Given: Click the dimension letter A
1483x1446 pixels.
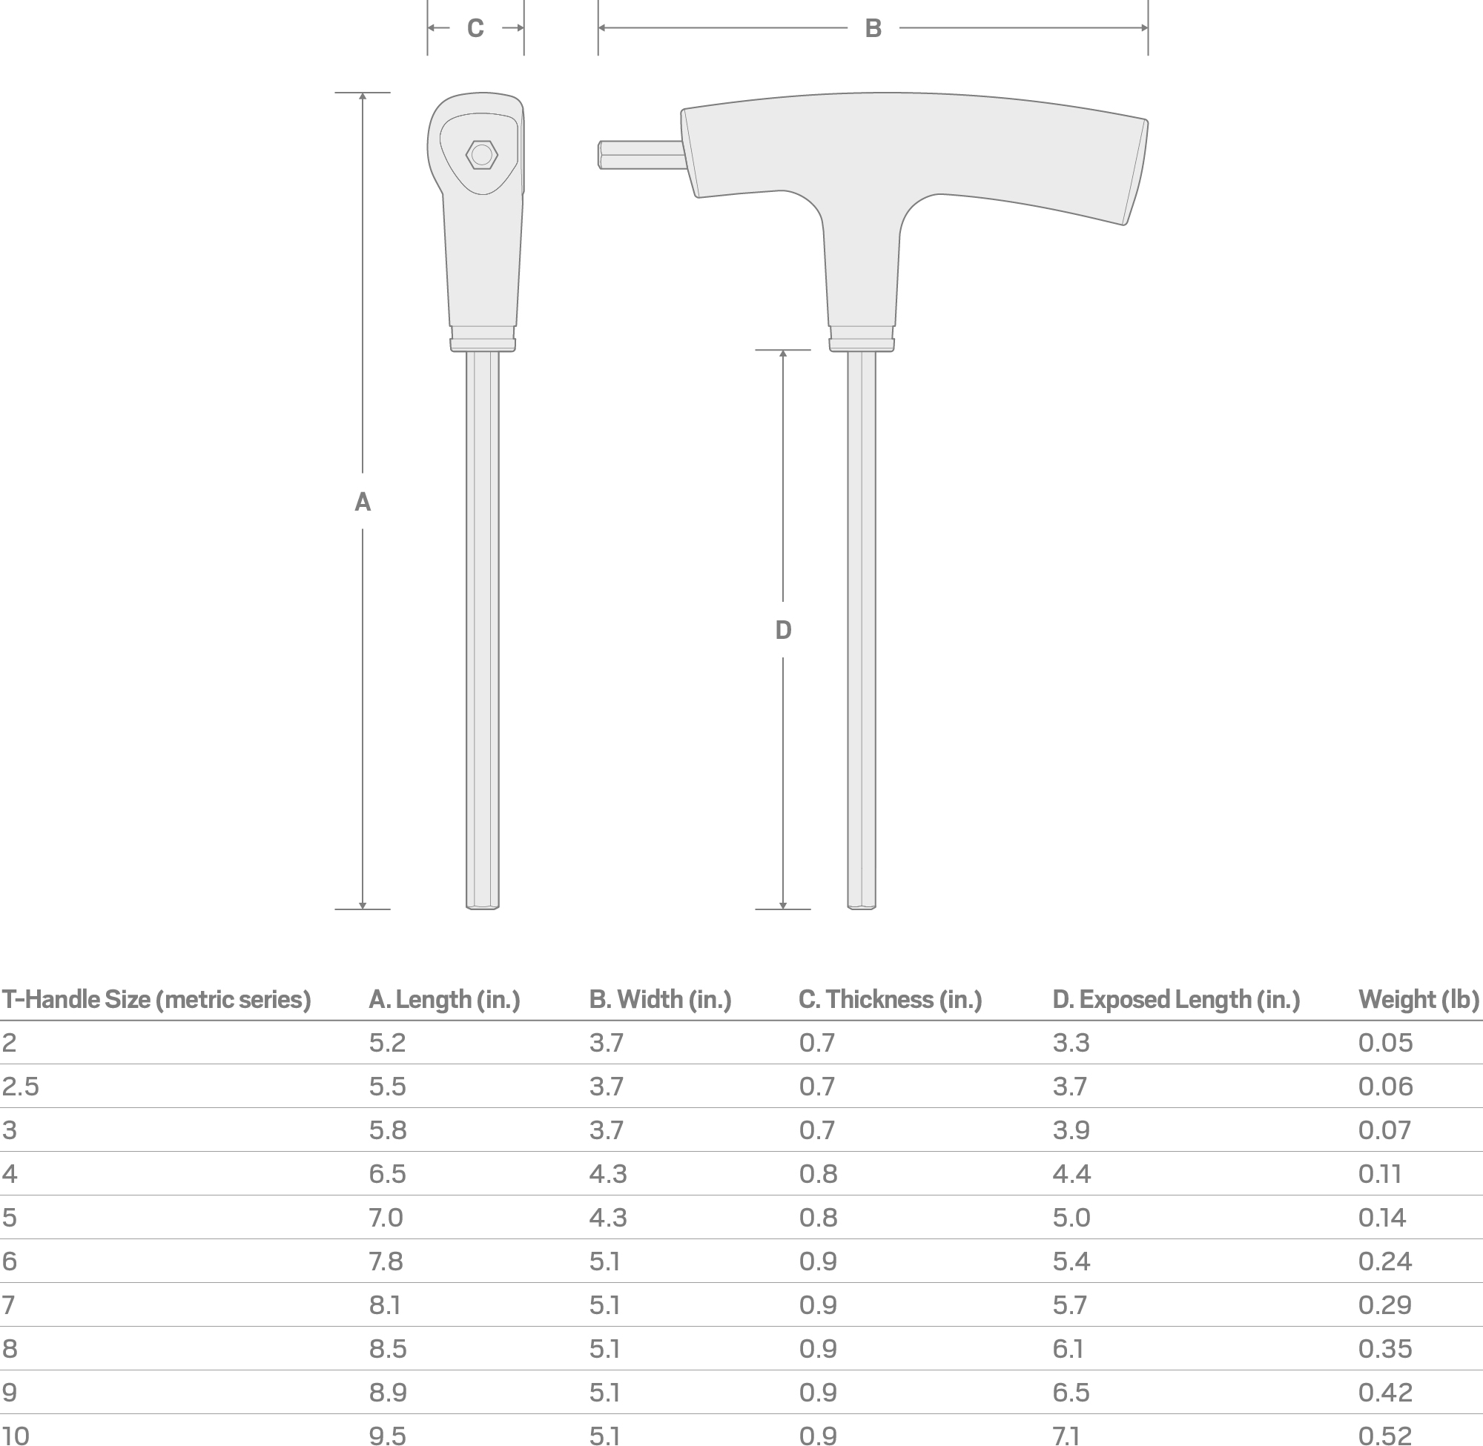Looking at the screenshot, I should (x=363, y=502).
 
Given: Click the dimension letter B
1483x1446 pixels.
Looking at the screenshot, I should (x=873, y=29).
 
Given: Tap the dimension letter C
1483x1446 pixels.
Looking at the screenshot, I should (x=475, y=29).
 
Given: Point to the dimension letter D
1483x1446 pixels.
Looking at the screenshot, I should (x=783, y=629).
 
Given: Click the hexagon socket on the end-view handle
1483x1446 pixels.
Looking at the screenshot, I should (x=481, y=155).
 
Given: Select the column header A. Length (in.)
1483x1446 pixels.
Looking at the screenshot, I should (x=443, y=999).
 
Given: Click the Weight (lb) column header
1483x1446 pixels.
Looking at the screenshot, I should (x=1418, y=999).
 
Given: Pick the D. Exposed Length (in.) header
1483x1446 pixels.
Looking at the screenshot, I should (x=1175, y=999).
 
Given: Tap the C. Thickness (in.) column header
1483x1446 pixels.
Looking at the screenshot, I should (x=890, y=999).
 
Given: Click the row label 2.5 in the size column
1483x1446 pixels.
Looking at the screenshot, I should (x=21, y=1087).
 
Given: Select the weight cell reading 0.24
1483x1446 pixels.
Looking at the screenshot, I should (x=1384, y=1261).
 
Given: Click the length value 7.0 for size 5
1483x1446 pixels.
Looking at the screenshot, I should (x=386, y=1218).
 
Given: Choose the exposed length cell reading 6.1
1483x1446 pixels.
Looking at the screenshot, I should (x=1069, y=1349).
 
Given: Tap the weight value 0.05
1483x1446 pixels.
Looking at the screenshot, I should (x=1385, y=1044).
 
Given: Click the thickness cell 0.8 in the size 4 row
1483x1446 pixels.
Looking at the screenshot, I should (x=817, y=1174).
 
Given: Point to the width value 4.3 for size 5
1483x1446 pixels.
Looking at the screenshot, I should (x=608, y=1218).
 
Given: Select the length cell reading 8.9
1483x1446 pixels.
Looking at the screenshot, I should (x=388, y=1393).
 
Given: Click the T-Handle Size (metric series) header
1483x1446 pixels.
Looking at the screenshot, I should (x=156, y=999).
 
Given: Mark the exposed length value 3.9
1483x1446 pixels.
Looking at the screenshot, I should (x=1071, y=1131).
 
